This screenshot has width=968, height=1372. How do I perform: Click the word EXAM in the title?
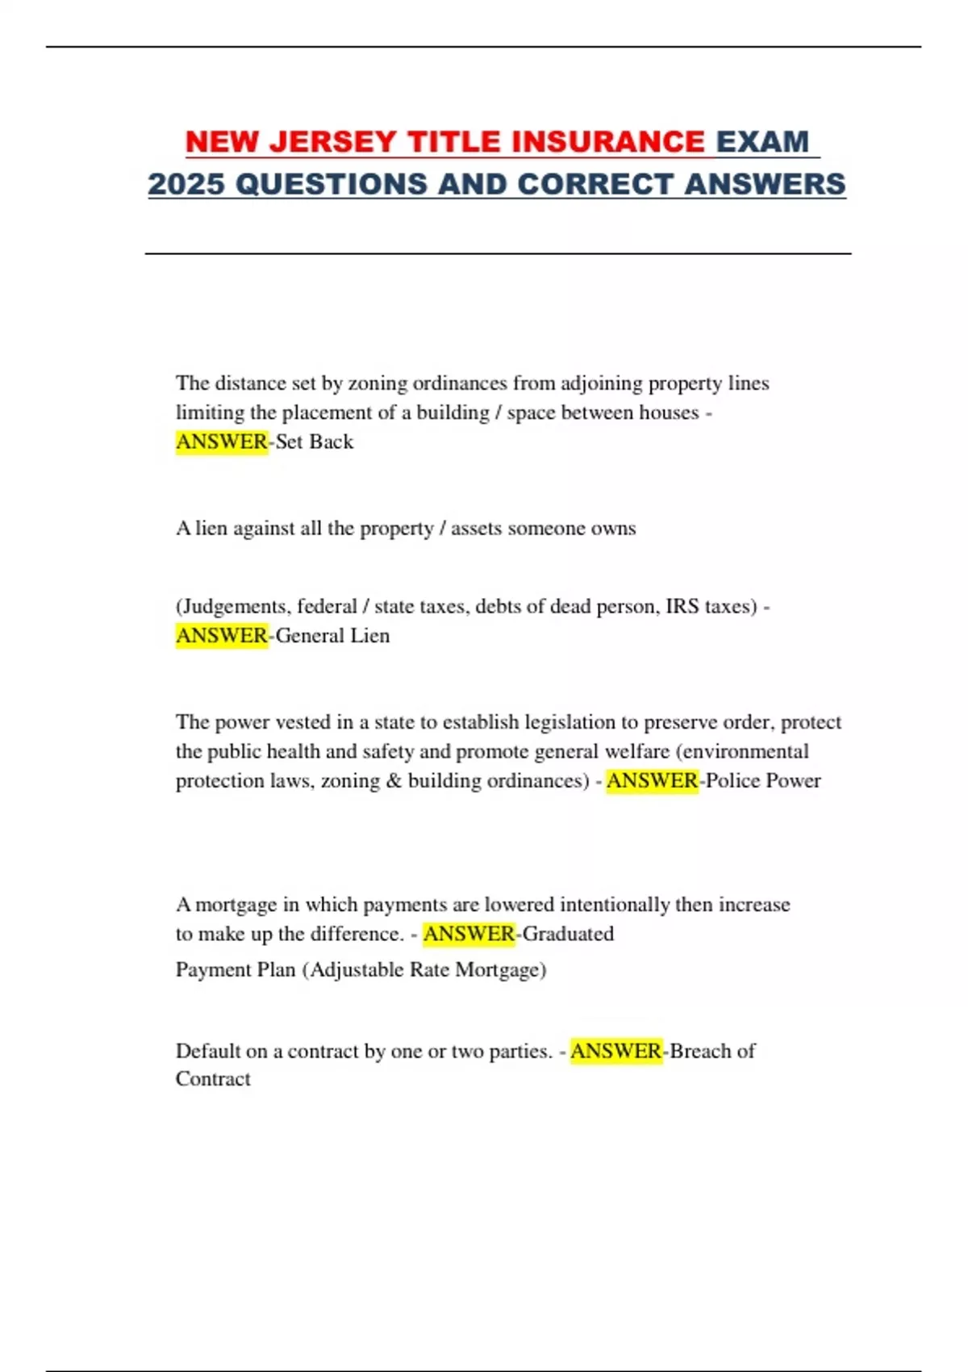pyautogui.click(x=762, y=142)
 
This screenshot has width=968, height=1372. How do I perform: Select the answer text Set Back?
pyautogui.click(x=315, y=441)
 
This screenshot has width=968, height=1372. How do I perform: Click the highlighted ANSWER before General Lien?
pyautogui.click(x=222, y=636)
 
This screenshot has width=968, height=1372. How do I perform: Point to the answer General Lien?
pyautogui.click(x=332, y=636)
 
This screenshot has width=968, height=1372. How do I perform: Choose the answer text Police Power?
pyautogui.click(x=763, y=780)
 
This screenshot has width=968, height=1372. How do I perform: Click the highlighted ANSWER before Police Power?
pyautogui.click(x=652, y=780)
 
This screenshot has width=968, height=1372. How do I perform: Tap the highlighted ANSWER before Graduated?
pyautogui.click(x=469, y=934)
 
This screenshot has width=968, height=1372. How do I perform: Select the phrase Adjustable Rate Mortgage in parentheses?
pyautogui.click(x=424, y=969)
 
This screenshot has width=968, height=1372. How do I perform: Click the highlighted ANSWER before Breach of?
pyautogui.click(x=616, y=1051)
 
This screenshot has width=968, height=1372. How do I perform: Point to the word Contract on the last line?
pyautogui.click(x=213, y=1079)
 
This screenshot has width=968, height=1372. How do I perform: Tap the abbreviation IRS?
pyautogui.click(x=682, y=606)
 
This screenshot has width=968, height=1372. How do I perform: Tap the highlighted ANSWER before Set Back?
pyautogui.click(x=222, y=441)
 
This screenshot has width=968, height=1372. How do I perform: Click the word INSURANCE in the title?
pyautogui.click(x=608, y=142)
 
